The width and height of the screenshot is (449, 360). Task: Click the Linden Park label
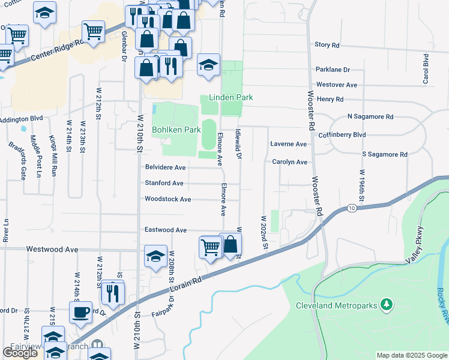click(231, 97)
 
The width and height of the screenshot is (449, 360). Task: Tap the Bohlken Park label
click(176, 130)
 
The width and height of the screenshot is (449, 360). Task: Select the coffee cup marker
click(80, 312)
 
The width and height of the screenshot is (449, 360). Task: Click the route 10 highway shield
click(351, 208)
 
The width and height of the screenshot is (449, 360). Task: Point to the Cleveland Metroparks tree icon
click(387, 305)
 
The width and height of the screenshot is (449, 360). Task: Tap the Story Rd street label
click(327, 45)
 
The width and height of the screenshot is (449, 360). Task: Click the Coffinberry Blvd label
click(342, 135)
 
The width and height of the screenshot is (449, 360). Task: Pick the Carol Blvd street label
click(426, 69)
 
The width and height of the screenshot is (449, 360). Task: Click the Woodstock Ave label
click(167, 199)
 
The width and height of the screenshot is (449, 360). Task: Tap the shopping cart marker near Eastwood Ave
click(211, 247)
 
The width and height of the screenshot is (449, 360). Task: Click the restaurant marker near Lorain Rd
click(112, 292)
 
